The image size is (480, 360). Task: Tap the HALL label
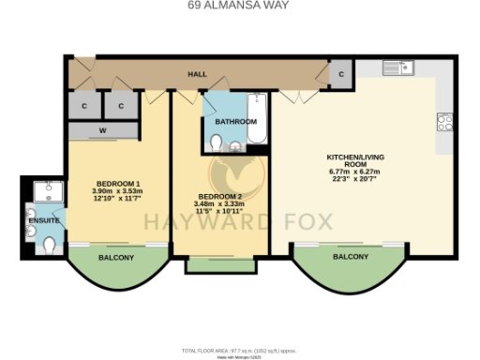point(198,72)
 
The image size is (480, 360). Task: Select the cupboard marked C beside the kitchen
point(340,73)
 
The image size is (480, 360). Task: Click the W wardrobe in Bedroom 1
point(102,130)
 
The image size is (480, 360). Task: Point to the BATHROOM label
point(235,122)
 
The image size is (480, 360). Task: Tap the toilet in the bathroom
point(217,142)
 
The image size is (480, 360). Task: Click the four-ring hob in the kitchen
point(445,122)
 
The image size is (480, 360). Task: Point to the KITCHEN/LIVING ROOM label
point(352,157)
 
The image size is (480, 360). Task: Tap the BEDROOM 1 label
point(117,183)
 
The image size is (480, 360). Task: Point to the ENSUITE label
point(42,220)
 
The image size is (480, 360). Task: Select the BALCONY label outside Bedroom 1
point(116,258)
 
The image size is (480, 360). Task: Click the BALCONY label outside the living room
point(350,257)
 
